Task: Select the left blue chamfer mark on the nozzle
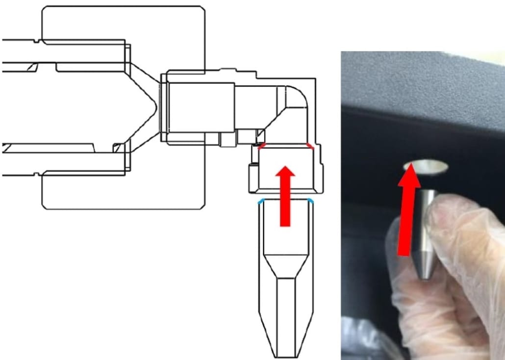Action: [261, 201]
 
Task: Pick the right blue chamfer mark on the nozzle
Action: [310, 201]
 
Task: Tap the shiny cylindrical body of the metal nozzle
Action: [426, 216]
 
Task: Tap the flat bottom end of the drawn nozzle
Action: [286, 357]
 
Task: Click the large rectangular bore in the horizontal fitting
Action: [201, 108]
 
